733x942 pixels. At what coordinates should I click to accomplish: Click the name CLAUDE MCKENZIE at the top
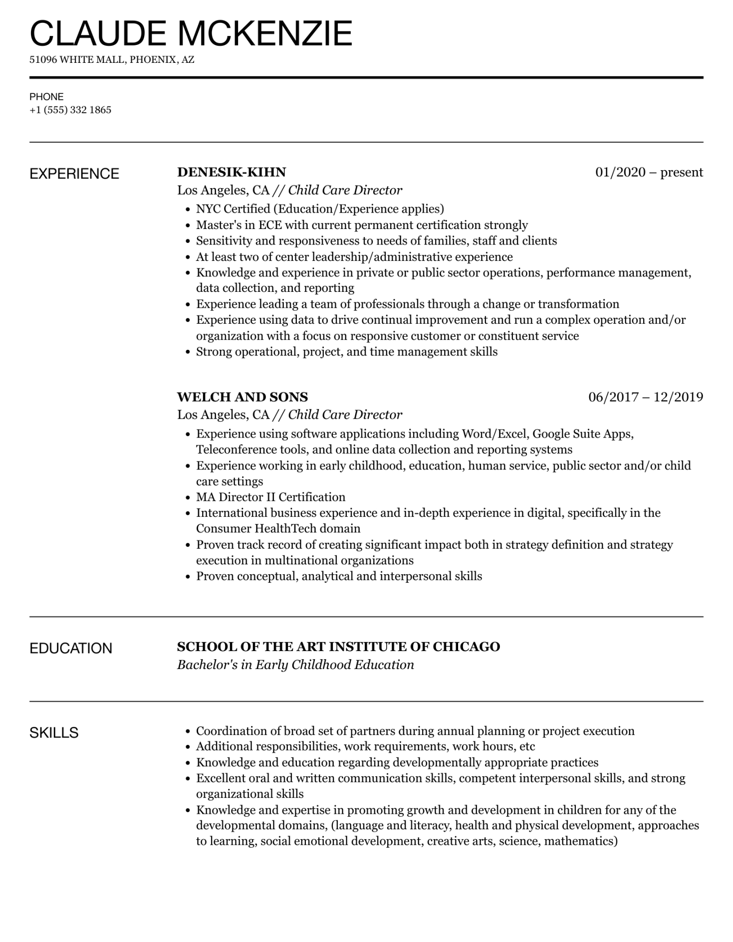pos(191,34)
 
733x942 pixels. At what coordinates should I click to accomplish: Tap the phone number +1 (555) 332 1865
pos(70,110)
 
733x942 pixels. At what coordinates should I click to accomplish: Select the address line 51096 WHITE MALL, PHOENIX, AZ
pos(112,60)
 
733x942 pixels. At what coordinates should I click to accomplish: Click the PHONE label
pos(46,97)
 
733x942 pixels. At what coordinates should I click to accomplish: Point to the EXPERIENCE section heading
pos(74,174)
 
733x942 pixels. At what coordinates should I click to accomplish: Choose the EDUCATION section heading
pos(71,649)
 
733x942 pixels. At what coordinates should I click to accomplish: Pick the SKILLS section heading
pos(54,733)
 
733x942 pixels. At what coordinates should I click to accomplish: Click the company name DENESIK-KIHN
pos(232,172)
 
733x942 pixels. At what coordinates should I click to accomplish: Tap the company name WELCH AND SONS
pos(243,397)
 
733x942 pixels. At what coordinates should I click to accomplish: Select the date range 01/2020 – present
pos(649,172)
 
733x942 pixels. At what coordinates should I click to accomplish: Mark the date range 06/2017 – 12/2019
pos(646,397)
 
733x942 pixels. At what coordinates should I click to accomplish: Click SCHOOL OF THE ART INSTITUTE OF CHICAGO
pos(338,647)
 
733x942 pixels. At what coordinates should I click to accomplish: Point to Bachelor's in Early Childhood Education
pos(295,665)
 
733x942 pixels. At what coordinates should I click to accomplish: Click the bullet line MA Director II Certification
pos(270,497)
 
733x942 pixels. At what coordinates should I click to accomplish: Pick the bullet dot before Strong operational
pos(188,352)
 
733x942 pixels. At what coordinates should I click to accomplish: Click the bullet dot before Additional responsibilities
pos(188,747)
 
